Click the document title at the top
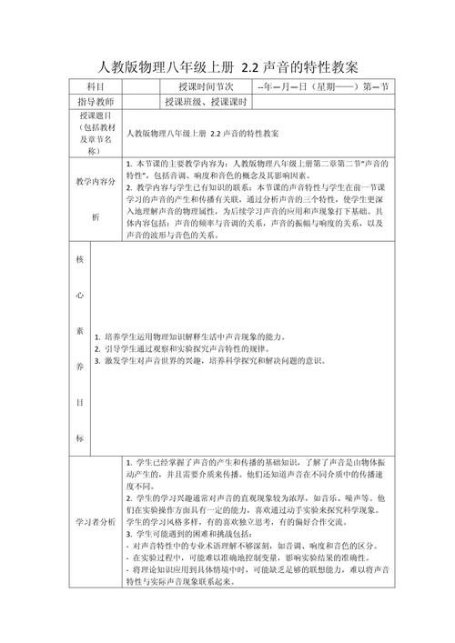coord(227,67)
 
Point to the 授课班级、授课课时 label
coord(207,102)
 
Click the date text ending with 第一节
coord(324,87)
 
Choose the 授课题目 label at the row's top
coord(96,117)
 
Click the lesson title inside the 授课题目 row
coord(204,133)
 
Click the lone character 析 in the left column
coord(96,217)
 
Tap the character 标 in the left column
coord(81,439)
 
